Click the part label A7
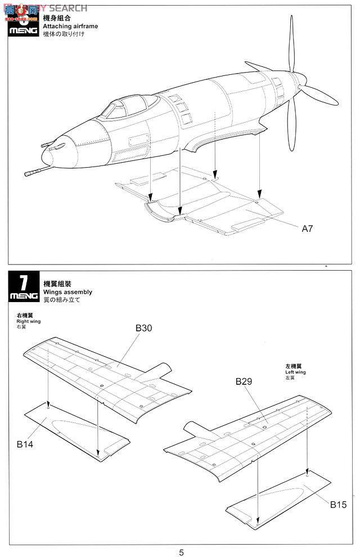(x=307, y=228)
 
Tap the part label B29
(x=244, y=381)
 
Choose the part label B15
(x=339, y=504)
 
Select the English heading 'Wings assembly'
(x=67, y=292)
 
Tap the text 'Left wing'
(x=295, y=372)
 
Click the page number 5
(x=181, y=552)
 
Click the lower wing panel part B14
(x=73, y=430)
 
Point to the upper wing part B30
(x=107, y=374)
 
